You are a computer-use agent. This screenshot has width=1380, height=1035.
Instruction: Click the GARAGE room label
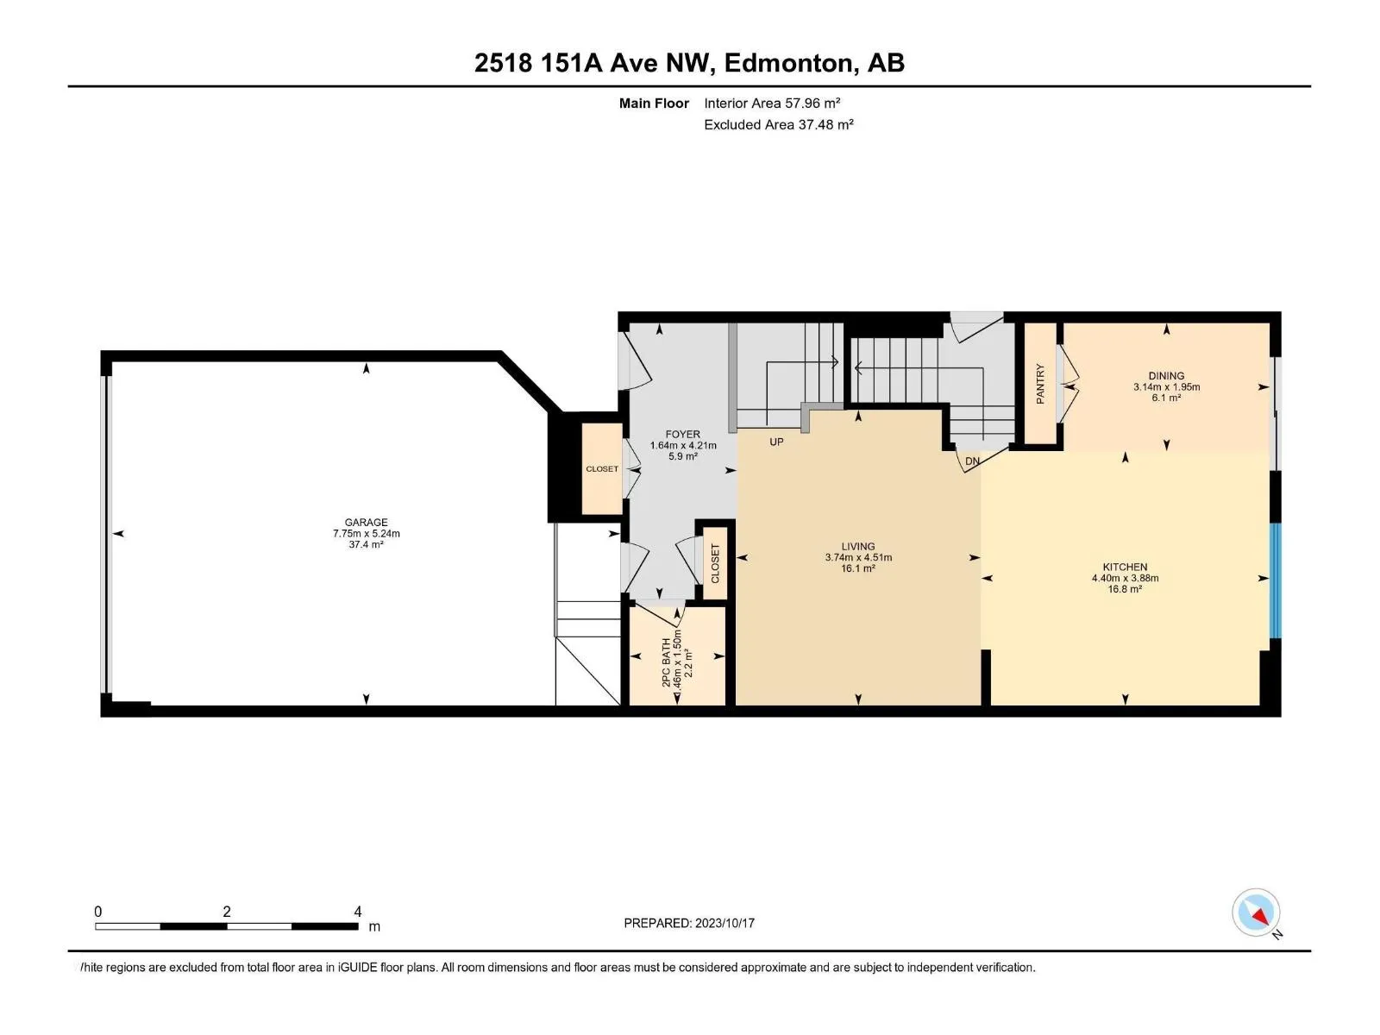coord(366,522)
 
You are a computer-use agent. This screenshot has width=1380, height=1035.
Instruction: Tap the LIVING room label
coord(857,547)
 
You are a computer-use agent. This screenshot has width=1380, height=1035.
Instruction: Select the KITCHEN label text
coord(1125,567)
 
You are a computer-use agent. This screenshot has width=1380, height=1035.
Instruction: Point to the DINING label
coord(1166,376)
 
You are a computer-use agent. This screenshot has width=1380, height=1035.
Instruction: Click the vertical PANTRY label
coord(1040,384)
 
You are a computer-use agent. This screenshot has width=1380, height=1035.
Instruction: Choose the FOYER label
coord(683,434)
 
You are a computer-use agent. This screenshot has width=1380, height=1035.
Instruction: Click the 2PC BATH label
coord(667,662)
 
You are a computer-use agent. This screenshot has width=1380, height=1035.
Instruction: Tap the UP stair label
coord(776,442)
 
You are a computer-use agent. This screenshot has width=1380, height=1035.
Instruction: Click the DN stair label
coord(972,461)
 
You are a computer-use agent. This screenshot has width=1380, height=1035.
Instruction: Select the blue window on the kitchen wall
coord(1276,580)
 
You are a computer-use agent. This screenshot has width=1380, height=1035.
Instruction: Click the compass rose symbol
coord(1256,912)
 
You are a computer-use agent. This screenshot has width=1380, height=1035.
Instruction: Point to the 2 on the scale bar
coord(226,911)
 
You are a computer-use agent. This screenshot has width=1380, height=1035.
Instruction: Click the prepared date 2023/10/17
coord(724,923)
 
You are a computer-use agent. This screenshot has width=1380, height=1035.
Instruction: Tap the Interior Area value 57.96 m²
coord(812,103)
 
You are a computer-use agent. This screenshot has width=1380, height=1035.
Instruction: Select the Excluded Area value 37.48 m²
coord(825,124)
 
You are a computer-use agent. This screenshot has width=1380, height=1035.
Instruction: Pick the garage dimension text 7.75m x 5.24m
coord(366,534)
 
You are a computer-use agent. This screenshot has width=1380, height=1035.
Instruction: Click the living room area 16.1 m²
coord(857,568)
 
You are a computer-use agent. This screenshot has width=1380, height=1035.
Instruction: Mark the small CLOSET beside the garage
coord(602,469)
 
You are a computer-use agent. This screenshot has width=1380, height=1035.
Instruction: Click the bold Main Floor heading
coord(654,103)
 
